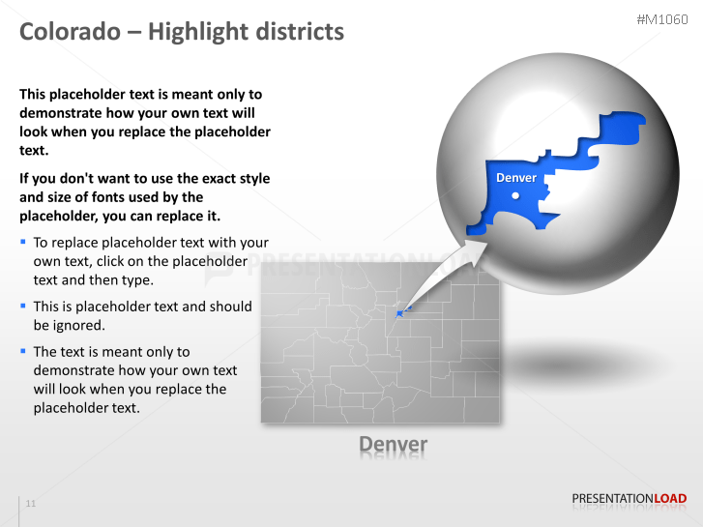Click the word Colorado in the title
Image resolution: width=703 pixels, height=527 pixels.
point(67,32)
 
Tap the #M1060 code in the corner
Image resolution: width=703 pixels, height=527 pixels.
point(662,19)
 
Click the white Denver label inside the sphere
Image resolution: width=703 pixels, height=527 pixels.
point(515,178)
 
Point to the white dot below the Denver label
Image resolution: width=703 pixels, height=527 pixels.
point(515,195)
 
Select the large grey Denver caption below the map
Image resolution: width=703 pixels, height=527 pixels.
point(393,444)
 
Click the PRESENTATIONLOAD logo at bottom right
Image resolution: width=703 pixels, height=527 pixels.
point(629,499)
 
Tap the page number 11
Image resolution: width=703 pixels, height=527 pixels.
point(31,504)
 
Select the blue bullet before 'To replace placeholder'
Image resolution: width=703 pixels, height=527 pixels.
point(23,242)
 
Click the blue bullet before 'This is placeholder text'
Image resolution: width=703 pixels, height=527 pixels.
point(23,306)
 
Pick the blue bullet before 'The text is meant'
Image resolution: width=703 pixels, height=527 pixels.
point(23,351)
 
